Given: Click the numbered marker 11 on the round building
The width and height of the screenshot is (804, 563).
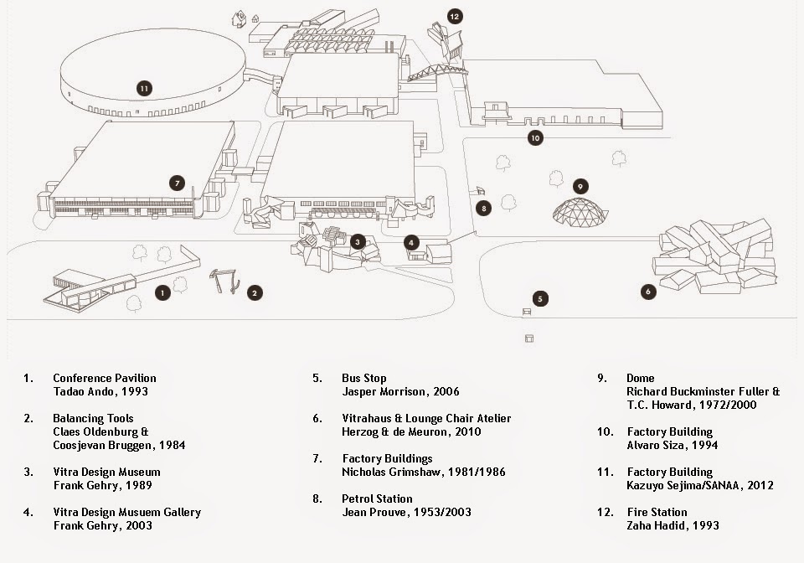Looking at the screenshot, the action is point(144,89).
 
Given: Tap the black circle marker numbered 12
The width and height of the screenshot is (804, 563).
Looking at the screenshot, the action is point(454,17).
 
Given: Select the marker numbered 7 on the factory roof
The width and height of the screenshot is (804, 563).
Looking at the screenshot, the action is point(177,183).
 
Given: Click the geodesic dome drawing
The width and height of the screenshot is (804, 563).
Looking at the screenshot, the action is point(580,212).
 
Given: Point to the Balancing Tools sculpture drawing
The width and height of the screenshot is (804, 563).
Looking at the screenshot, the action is point(224,281).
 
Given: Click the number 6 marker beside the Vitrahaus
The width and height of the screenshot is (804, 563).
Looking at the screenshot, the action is point(648,292).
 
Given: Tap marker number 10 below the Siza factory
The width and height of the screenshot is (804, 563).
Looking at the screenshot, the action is point(535,138).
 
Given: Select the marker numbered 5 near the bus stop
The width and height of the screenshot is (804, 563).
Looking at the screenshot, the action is point(540,298).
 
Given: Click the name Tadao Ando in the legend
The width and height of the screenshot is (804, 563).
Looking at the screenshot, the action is point(81,392).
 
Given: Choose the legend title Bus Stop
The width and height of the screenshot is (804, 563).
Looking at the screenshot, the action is point(364,379).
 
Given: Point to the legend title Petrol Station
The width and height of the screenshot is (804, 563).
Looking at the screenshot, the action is point(377,498).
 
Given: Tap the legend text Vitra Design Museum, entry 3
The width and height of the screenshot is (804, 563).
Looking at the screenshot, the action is point(106,472).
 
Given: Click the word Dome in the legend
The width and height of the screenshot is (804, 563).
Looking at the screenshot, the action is point(641,379).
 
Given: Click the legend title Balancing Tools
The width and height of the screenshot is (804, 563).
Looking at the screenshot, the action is point(93,418).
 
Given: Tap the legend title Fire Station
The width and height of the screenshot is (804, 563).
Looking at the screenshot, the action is point(657,512).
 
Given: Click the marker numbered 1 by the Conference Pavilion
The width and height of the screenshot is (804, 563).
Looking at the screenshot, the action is point(162,292).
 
